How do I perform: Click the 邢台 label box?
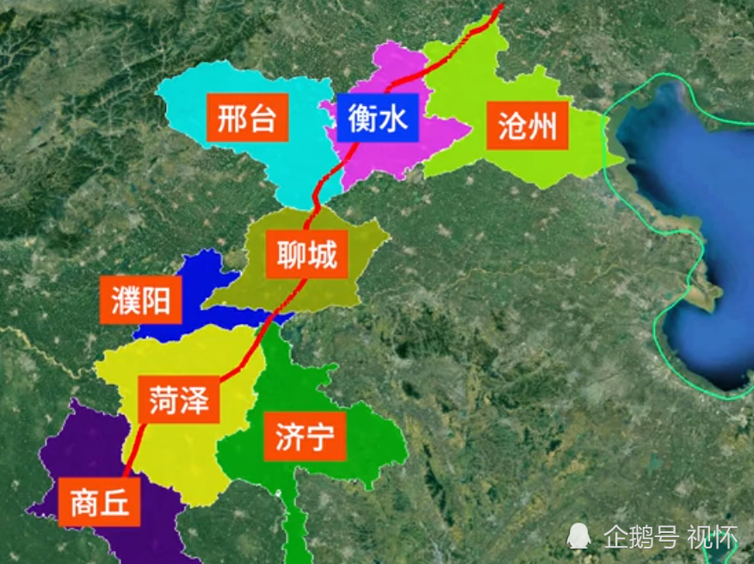click(246, 119)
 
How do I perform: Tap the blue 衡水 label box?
click(378, 117)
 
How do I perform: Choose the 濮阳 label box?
click(140, 301)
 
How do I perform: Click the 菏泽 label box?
click(178, 401)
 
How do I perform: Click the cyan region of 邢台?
click(284, 164)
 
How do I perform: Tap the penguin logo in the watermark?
click(578, 537)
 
